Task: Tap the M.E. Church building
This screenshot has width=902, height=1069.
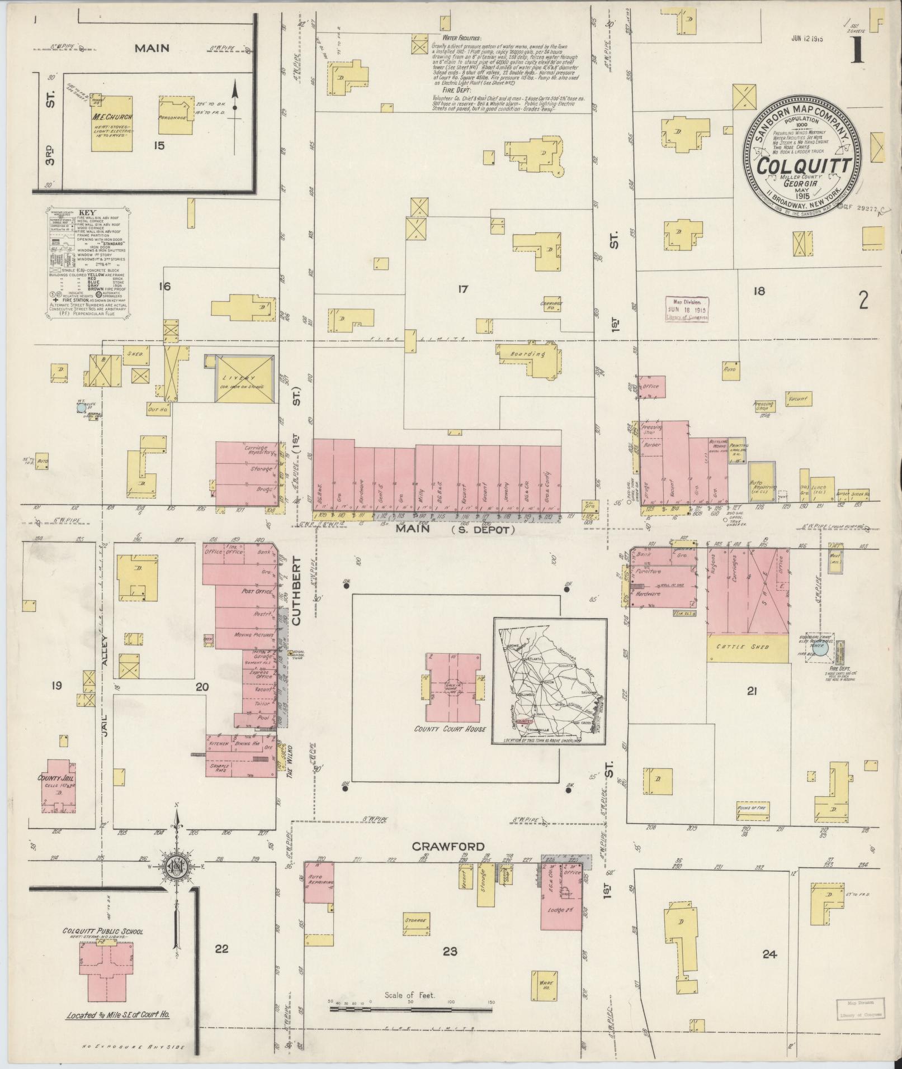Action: coord(112,123)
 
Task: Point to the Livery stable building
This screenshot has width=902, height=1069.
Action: coord(245,378)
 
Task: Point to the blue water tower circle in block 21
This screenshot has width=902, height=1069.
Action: coord(820,649)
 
